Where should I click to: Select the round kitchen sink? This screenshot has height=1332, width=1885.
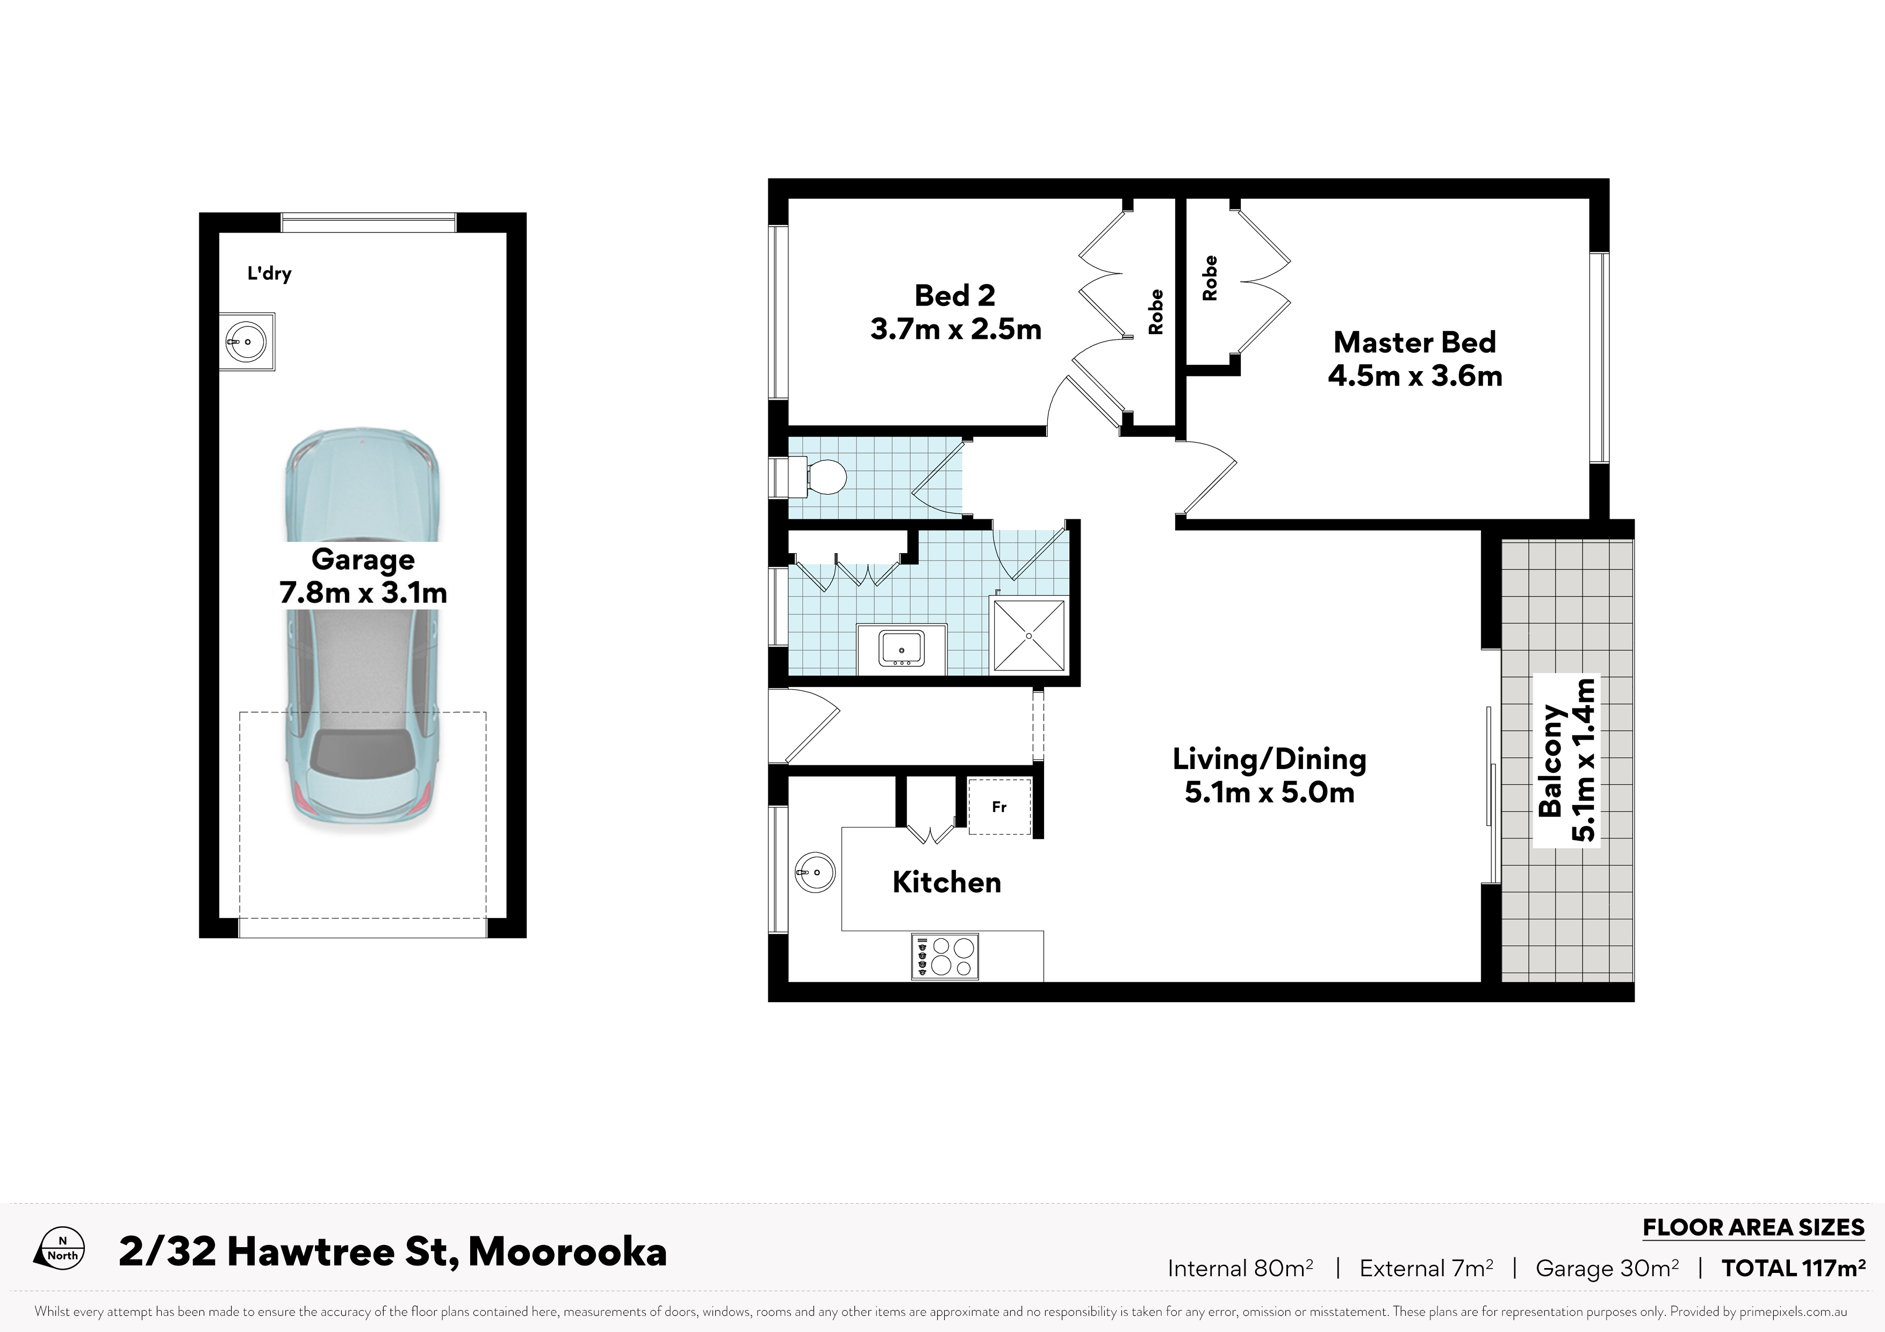tap(815, 871)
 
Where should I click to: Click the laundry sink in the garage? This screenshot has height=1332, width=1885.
tap(246, 342)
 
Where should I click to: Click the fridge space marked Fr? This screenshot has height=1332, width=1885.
tap(999, 807)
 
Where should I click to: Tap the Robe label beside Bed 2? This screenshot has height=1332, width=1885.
tap(1156, 312)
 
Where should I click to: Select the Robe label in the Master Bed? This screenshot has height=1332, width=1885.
tap(1210, 278)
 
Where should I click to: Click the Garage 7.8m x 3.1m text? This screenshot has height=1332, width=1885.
tap(363, 576)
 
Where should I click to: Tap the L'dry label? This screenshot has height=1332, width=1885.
tap(269, 273)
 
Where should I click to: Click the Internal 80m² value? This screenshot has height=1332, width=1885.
tap(1241, 1269)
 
